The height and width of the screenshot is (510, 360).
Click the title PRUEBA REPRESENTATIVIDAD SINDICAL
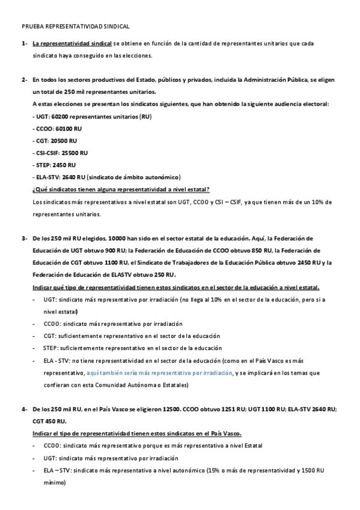(75, 27)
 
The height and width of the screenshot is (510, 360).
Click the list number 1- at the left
(25, 44)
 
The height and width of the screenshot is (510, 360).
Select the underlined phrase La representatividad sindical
(72, 44)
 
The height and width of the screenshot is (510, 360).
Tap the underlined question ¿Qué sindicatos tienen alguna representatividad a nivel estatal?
(121, 189)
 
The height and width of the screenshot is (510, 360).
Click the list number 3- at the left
(25, 239)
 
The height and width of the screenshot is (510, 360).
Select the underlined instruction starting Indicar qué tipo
(175, 287)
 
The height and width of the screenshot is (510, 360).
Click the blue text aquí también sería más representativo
(159, 373)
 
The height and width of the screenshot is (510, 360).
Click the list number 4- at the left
(25, 410)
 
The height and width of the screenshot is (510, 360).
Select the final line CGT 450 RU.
(49, 422)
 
